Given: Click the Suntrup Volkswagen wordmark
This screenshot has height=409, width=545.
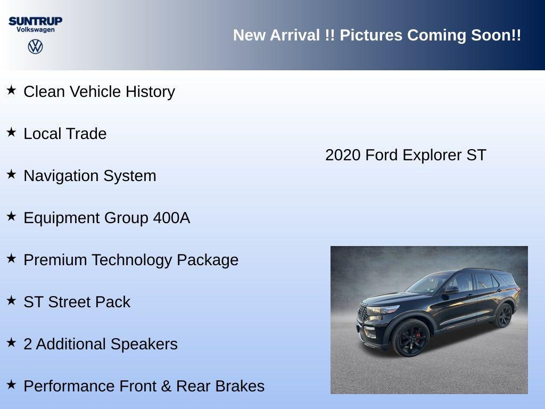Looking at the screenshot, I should click(35, 24).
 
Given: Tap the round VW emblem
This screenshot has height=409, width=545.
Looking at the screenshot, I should click(35, 47).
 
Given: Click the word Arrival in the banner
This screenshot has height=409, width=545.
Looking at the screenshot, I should click(295, 35).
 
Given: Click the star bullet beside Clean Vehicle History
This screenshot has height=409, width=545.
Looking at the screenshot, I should click(11, 90).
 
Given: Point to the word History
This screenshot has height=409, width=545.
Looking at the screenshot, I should click(150, 92).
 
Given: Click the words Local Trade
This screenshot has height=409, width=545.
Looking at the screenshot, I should click(65, 134).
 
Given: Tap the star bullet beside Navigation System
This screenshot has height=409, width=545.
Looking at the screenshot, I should click(11, 174).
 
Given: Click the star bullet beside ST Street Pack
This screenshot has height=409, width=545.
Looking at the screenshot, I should click(11, 300).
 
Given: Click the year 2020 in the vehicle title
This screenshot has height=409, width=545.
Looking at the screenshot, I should click(343, 155).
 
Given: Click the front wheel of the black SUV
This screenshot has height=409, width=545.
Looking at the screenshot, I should click(410, 337).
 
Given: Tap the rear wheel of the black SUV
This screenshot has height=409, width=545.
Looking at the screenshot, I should click(503, 315).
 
